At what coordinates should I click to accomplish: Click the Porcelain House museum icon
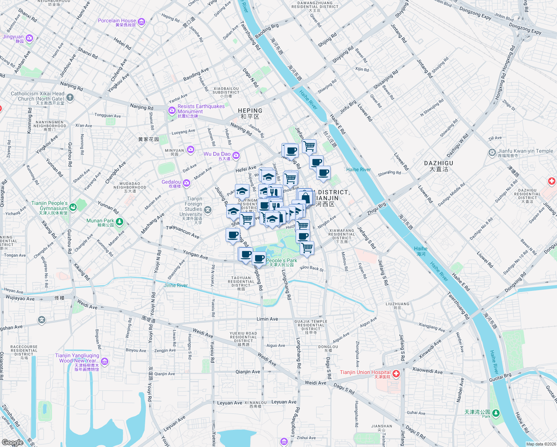pos(141,22)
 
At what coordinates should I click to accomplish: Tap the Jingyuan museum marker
pos(29,38)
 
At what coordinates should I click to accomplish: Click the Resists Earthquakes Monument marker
pos(172,110)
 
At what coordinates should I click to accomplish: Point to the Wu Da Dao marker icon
pos(236,155)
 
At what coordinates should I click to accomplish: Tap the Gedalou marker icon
pos(187,183)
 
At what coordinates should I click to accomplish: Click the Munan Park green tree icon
pos(119,222)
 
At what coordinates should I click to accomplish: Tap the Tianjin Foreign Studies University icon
pos(208,210)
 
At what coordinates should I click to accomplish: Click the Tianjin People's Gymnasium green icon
pos(73,207)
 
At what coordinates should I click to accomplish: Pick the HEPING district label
pos(250,111)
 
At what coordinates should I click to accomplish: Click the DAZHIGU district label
pos(439,164)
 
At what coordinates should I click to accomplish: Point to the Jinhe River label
pos(176,285)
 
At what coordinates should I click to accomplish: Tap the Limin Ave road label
pos(267,319)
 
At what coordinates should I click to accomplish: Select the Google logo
pos(12,443)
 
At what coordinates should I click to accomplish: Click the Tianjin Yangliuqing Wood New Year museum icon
pos(105,361)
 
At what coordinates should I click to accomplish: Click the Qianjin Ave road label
pos(248,372)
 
